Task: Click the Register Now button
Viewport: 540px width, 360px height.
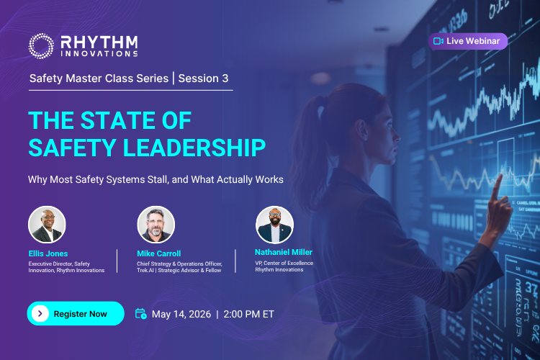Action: [x=76, y=313]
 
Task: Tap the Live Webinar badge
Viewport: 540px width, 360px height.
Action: [x=468, y=41]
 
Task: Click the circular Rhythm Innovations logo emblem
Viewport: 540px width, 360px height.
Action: [x=41, y=46]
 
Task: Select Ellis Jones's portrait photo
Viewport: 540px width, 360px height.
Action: [x=47, y=225]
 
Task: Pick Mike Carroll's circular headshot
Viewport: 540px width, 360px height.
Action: [x=156, y=225]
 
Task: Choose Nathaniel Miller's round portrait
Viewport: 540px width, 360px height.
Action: [x=274, y=225]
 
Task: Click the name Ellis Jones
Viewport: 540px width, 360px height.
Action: [x=48, y=253]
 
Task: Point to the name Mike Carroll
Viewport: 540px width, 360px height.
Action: [x=159, y=253]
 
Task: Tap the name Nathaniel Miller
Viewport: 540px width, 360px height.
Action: [x=284, y=252]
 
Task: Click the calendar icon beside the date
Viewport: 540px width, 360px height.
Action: [x=141, y=313]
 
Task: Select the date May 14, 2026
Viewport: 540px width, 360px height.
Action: [x=181, y=314]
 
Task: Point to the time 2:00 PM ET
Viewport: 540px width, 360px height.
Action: [x=248, y=314]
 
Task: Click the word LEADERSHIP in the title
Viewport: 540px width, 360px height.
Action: [x=194, y=148]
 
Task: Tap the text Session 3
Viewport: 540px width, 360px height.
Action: [x=203, y=78]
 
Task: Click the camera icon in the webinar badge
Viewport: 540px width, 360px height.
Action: [x=438, y=41]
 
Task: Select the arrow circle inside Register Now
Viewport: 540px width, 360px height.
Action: [x=40, y=313]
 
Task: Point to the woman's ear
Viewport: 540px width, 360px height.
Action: [x=361, y=132]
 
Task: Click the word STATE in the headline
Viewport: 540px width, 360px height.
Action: [x=118, y=120]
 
